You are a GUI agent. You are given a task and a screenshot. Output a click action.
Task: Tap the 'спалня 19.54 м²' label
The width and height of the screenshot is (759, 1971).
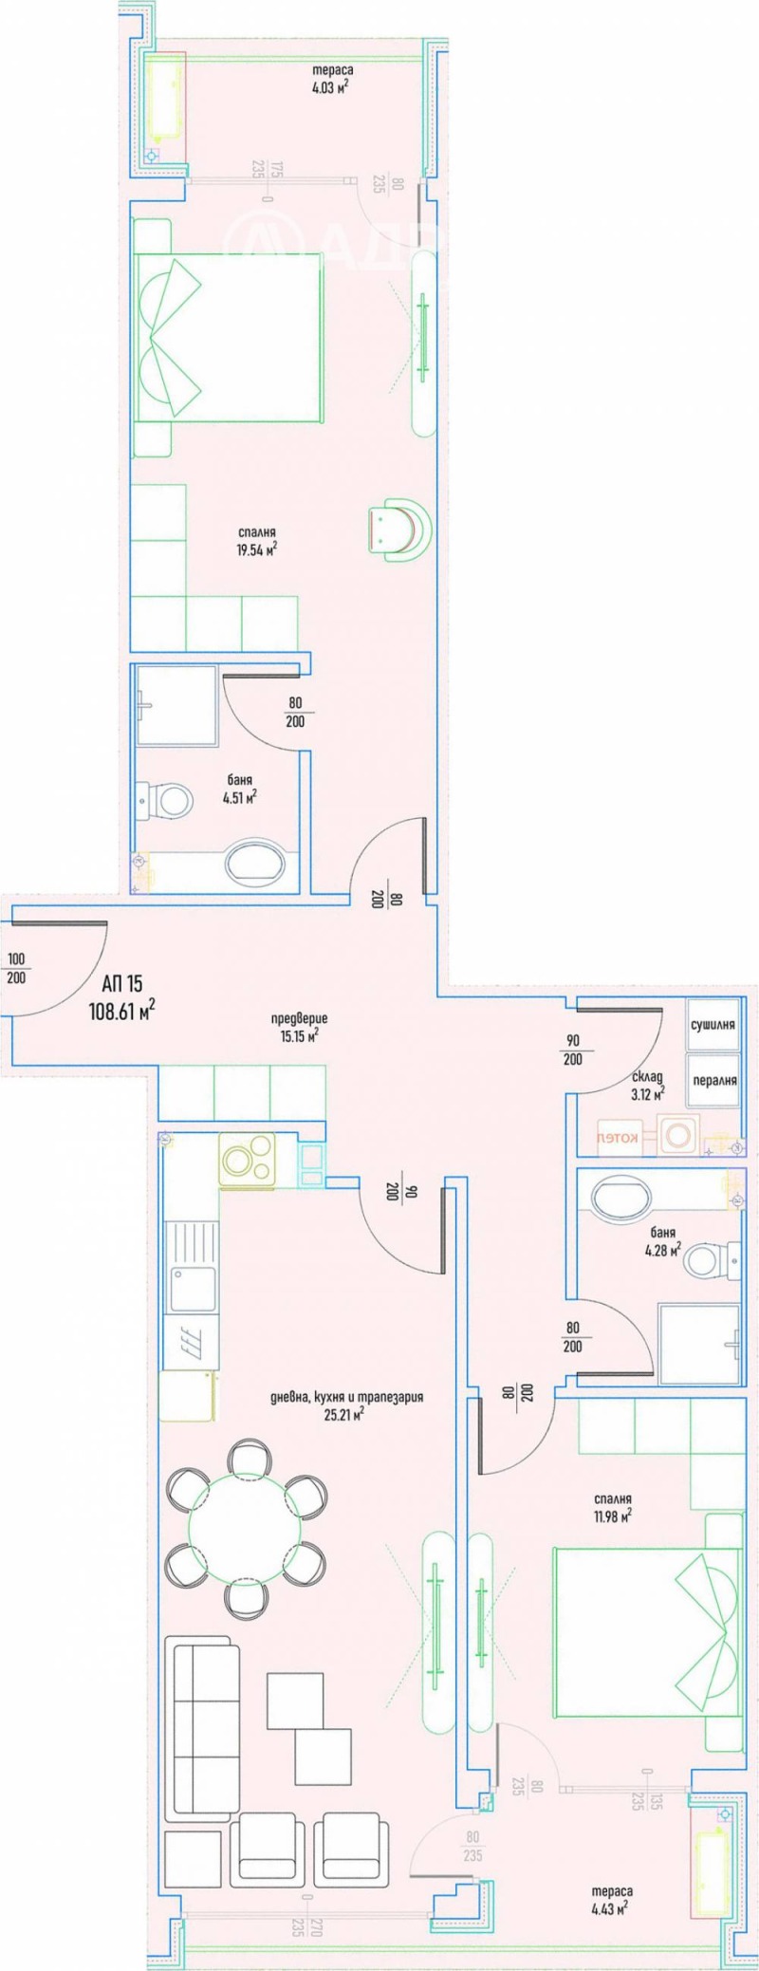256,541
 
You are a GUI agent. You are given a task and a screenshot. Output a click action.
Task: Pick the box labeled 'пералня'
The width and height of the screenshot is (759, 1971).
713,1080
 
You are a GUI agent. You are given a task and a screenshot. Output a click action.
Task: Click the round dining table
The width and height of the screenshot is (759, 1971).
246,1524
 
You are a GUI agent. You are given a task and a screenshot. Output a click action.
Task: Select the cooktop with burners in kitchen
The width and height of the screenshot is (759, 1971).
247,1159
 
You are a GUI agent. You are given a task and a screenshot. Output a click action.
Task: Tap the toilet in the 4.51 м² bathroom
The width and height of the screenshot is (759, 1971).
168,799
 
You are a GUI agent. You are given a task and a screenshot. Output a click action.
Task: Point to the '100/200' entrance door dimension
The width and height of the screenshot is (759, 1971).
16,969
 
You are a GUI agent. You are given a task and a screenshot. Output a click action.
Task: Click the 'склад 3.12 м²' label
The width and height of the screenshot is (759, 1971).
648,1085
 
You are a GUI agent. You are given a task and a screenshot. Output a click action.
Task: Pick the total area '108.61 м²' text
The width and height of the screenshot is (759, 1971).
121,1011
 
